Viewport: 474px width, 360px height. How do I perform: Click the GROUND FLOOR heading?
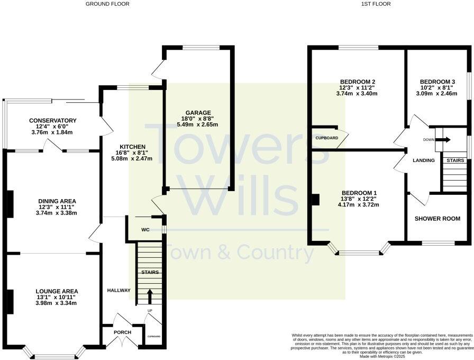pos(107,4)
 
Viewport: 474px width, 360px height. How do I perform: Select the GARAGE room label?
pos(198,112)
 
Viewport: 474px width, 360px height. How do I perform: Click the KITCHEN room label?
pos(131,146)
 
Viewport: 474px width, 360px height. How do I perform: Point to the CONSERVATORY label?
pos(53,120)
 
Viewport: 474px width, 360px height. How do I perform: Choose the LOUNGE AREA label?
pos(57,291)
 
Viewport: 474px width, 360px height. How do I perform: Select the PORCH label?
pos(122,332)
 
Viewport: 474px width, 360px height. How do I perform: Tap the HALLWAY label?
pos(119,290)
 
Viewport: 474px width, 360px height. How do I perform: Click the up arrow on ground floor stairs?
pos(149,294)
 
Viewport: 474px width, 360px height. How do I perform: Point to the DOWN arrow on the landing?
pos(444,140)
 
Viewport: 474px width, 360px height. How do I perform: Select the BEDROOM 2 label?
pos(357,82)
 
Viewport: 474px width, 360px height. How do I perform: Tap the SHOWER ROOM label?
pos(437,219)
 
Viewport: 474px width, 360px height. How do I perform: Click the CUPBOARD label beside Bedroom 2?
pos(327,138)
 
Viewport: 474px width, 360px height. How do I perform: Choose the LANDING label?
pos(424,160)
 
